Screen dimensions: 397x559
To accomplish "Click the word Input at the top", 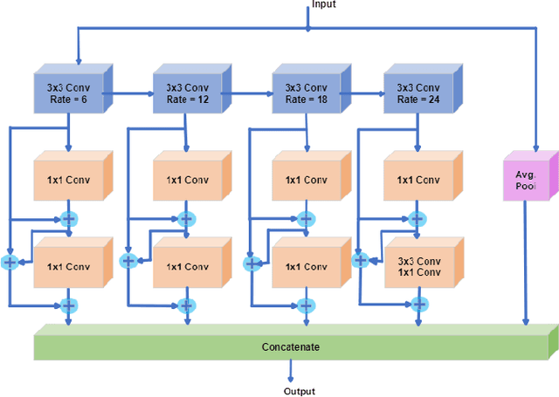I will pyautogui.click(x=323, y=5).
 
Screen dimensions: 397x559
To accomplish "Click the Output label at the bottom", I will pyautogui.click(x=299, y=392).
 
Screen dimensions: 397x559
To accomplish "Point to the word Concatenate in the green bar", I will pyautogui.click(x=291, y=347).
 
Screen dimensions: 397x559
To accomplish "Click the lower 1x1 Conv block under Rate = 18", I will pyautogui.click(x=306, y=267).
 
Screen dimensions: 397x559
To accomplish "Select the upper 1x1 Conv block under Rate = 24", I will pyautogui.click(x=418, y=181).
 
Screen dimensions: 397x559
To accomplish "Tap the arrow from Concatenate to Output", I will pyautogui.click(x=290, y=372).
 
